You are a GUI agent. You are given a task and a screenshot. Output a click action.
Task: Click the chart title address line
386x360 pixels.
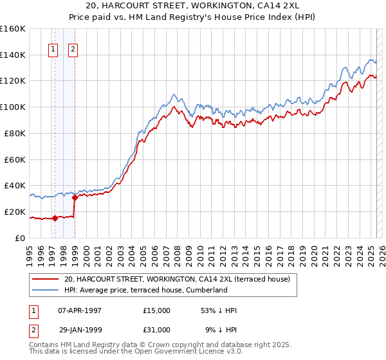[x=192, y=6]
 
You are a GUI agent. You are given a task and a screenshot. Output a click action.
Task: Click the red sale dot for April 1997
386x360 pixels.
[x=55, y=217]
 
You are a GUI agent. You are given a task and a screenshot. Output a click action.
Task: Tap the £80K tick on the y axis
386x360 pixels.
[x=15, y=133]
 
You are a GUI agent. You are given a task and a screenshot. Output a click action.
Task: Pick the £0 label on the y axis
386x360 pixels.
[x=21, y=238]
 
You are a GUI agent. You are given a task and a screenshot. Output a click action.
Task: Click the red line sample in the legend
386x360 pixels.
[x=45, y=280]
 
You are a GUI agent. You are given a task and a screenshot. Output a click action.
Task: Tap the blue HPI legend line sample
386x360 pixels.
[x=45, y=291]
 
